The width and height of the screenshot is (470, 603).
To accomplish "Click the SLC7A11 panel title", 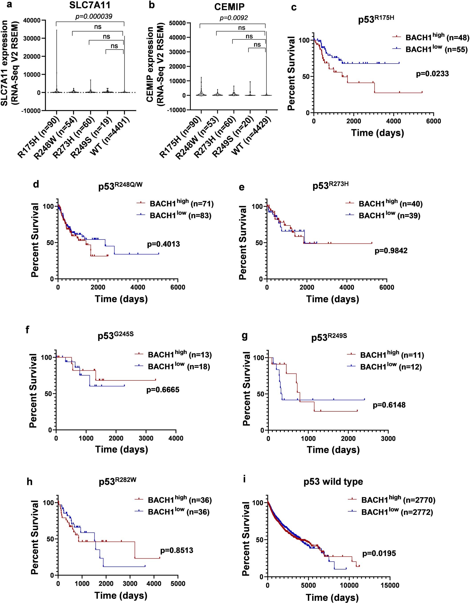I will coord(90,5).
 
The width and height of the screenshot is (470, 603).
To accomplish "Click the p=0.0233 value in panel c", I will coord(432,74).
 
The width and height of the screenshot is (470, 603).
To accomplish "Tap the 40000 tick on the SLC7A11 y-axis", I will coord(39,20).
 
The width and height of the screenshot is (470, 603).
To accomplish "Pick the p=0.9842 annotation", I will coord(391,251).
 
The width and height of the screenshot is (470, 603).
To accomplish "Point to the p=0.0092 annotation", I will coord(234,18).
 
